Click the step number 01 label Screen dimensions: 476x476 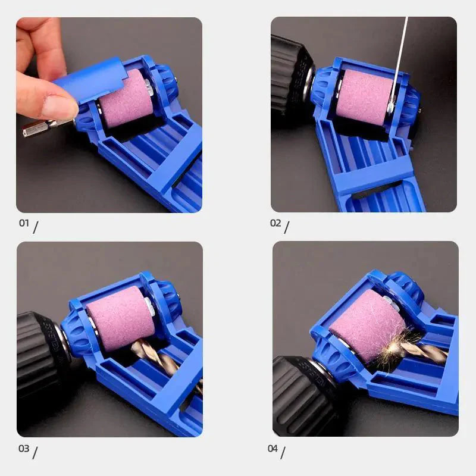click(x=23, y=224)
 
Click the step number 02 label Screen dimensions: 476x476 click(x=275, y=223)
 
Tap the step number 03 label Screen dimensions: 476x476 click(x=23, y=449)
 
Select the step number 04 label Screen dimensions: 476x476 click(x=273, y=448)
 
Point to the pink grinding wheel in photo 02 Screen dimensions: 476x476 click(x=363, y=96)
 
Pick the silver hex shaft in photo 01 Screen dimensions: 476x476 click(x=45, y=126)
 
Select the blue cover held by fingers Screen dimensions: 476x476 click(x=89, y=80)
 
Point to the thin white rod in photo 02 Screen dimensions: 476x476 click(x=400, y=54)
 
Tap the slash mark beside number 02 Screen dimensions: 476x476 click(x=287, y=227)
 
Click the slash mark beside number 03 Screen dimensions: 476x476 click(x=35, y=452)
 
